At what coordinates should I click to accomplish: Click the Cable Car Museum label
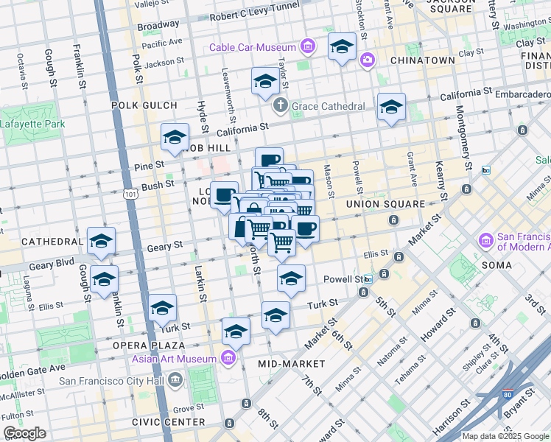[x=252, y=48]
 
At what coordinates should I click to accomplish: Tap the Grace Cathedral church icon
[x=280, y=106]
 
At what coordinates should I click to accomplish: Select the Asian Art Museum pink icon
[x=228, y=359]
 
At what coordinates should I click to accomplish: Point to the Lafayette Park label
[x=32, y=124]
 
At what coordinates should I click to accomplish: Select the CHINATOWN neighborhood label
[x=422, y=60]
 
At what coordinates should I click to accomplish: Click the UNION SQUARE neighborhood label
[x=385, y=204]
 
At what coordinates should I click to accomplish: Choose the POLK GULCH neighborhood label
[x=144, y=105]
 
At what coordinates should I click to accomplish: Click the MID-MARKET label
[x=292, y=364]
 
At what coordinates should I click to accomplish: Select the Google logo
[x=24, y=433]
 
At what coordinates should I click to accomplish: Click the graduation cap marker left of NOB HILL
[x=175, y=137]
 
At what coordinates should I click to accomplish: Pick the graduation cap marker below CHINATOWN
[x=391, y=107]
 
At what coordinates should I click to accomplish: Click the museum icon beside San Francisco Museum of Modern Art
[x=485, y=241]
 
